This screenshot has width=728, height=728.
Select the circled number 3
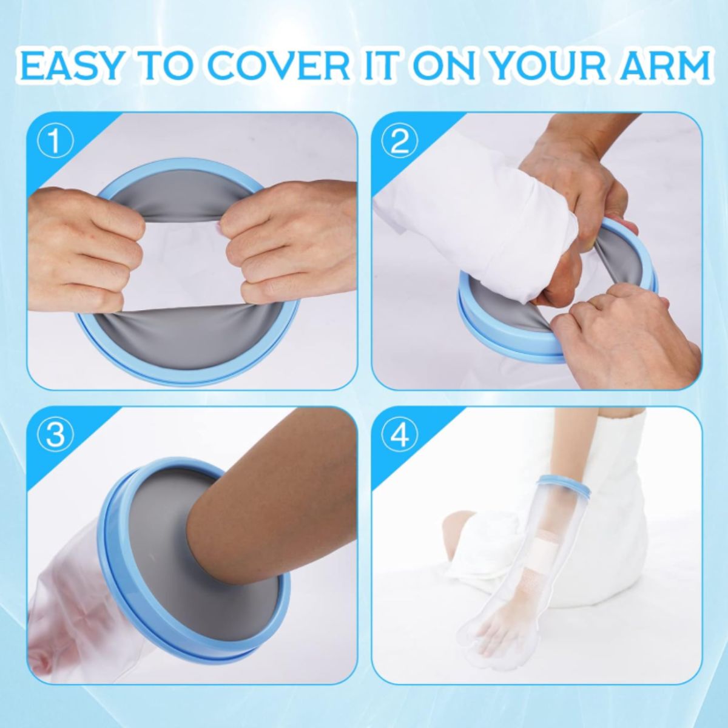56,435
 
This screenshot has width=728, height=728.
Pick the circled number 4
400,435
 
